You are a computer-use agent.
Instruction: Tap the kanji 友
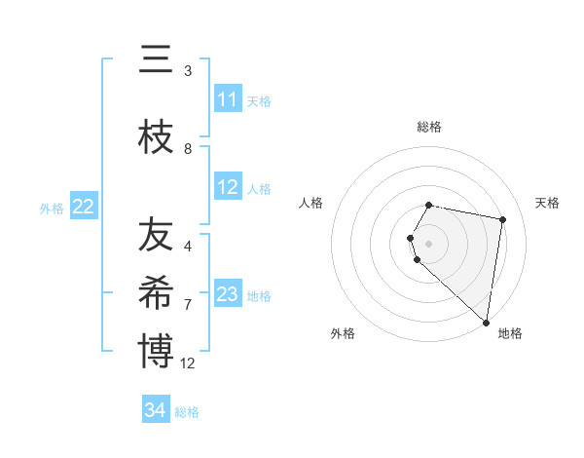pos(156,235)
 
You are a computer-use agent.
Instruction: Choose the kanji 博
pos(156,351)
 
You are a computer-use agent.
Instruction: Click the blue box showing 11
pos(227,99)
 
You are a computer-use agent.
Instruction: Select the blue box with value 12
pos(227,187)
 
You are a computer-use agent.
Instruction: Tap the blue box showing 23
pos(227,294)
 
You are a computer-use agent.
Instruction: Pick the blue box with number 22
pos(83,207)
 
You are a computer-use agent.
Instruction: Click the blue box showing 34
pos(155,410)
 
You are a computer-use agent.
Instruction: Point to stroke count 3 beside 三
pos(188,70)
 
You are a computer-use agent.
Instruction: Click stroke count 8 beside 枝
pos(188,148)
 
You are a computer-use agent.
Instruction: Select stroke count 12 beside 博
pos(188,363)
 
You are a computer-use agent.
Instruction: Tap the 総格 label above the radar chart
pos(428,127)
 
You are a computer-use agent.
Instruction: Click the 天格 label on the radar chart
pos(547,203)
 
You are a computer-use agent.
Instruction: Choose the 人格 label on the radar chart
pos(311,203)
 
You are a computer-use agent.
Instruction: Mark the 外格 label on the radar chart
pos(343,333)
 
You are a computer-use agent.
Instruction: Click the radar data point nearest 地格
pos(486,322)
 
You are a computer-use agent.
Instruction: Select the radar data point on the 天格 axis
pos(502,219)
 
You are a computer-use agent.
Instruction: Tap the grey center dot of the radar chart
pos(428,243)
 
